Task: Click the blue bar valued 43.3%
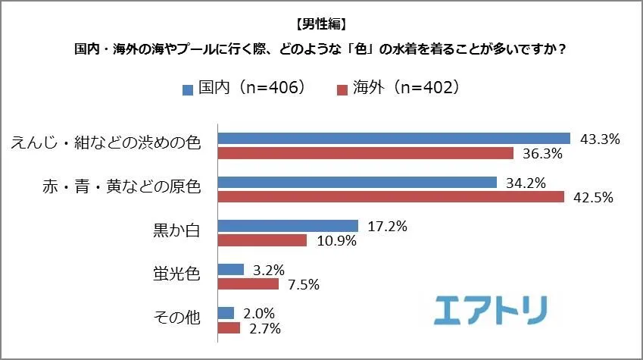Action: coord(394,138)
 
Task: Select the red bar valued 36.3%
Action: coord(366,153)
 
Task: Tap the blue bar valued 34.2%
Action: coord(357,182)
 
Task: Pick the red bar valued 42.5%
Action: coord(391,197)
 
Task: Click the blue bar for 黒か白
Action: coord(288,226)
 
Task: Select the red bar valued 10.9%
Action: coord(262,240)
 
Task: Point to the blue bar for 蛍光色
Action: coord(231,269)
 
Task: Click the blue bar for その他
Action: coord(226,313)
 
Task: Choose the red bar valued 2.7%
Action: coord(229,328)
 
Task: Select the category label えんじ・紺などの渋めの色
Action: coord(105,143)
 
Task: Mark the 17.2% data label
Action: coord(387,226)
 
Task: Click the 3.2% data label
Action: coord(269,270)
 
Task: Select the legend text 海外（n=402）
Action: coord(406,88)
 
